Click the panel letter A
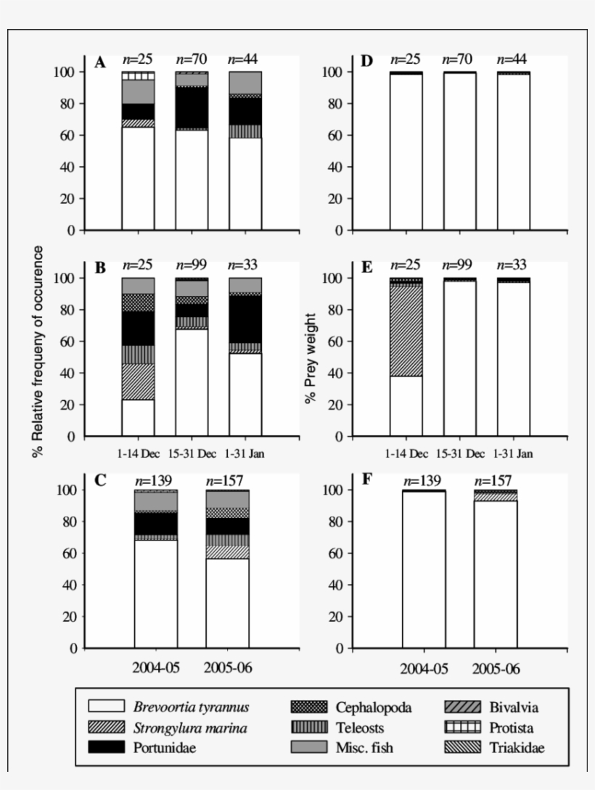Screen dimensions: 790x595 (x=100, y=63)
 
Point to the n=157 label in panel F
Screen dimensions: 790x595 (x=496, y=480)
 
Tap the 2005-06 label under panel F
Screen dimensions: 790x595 (x=496, y=668)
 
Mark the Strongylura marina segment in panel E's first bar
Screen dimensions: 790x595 (x=406, y=331)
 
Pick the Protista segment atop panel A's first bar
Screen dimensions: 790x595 (x=138, y=75)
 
